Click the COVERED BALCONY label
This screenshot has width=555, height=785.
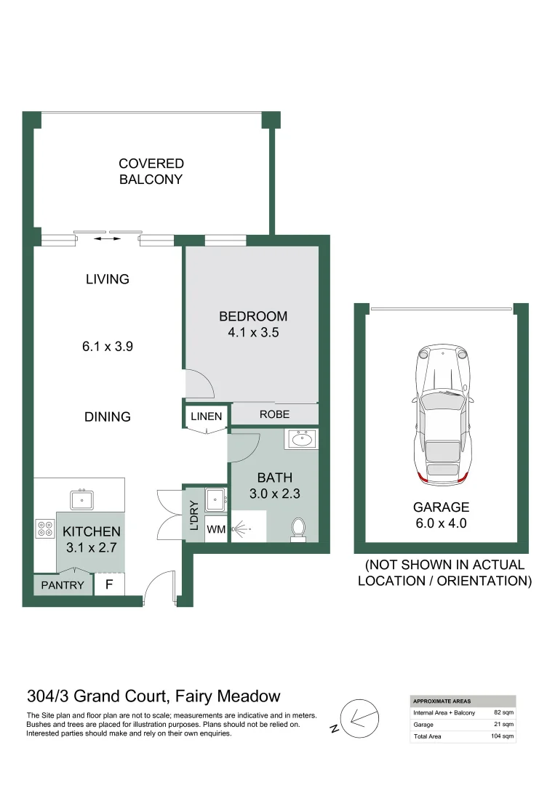(151, 172)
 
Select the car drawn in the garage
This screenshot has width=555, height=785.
(442, 414)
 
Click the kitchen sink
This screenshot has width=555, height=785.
(82, 499)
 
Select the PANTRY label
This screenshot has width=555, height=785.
(63, 585)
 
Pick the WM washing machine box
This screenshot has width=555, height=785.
(216, 530)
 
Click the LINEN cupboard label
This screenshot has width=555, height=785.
(207, 416)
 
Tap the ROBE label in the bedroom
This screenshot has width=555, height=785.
(274, 414)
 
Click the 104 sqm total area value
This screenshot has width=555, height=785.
(503, 736)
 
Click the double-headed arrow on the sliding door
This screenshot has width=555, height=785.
(108, 238)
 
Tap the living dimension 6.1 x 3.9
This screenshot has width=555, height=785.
(108, 347)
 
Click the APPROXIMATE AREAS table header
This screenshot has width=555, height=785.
(442, 701)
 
